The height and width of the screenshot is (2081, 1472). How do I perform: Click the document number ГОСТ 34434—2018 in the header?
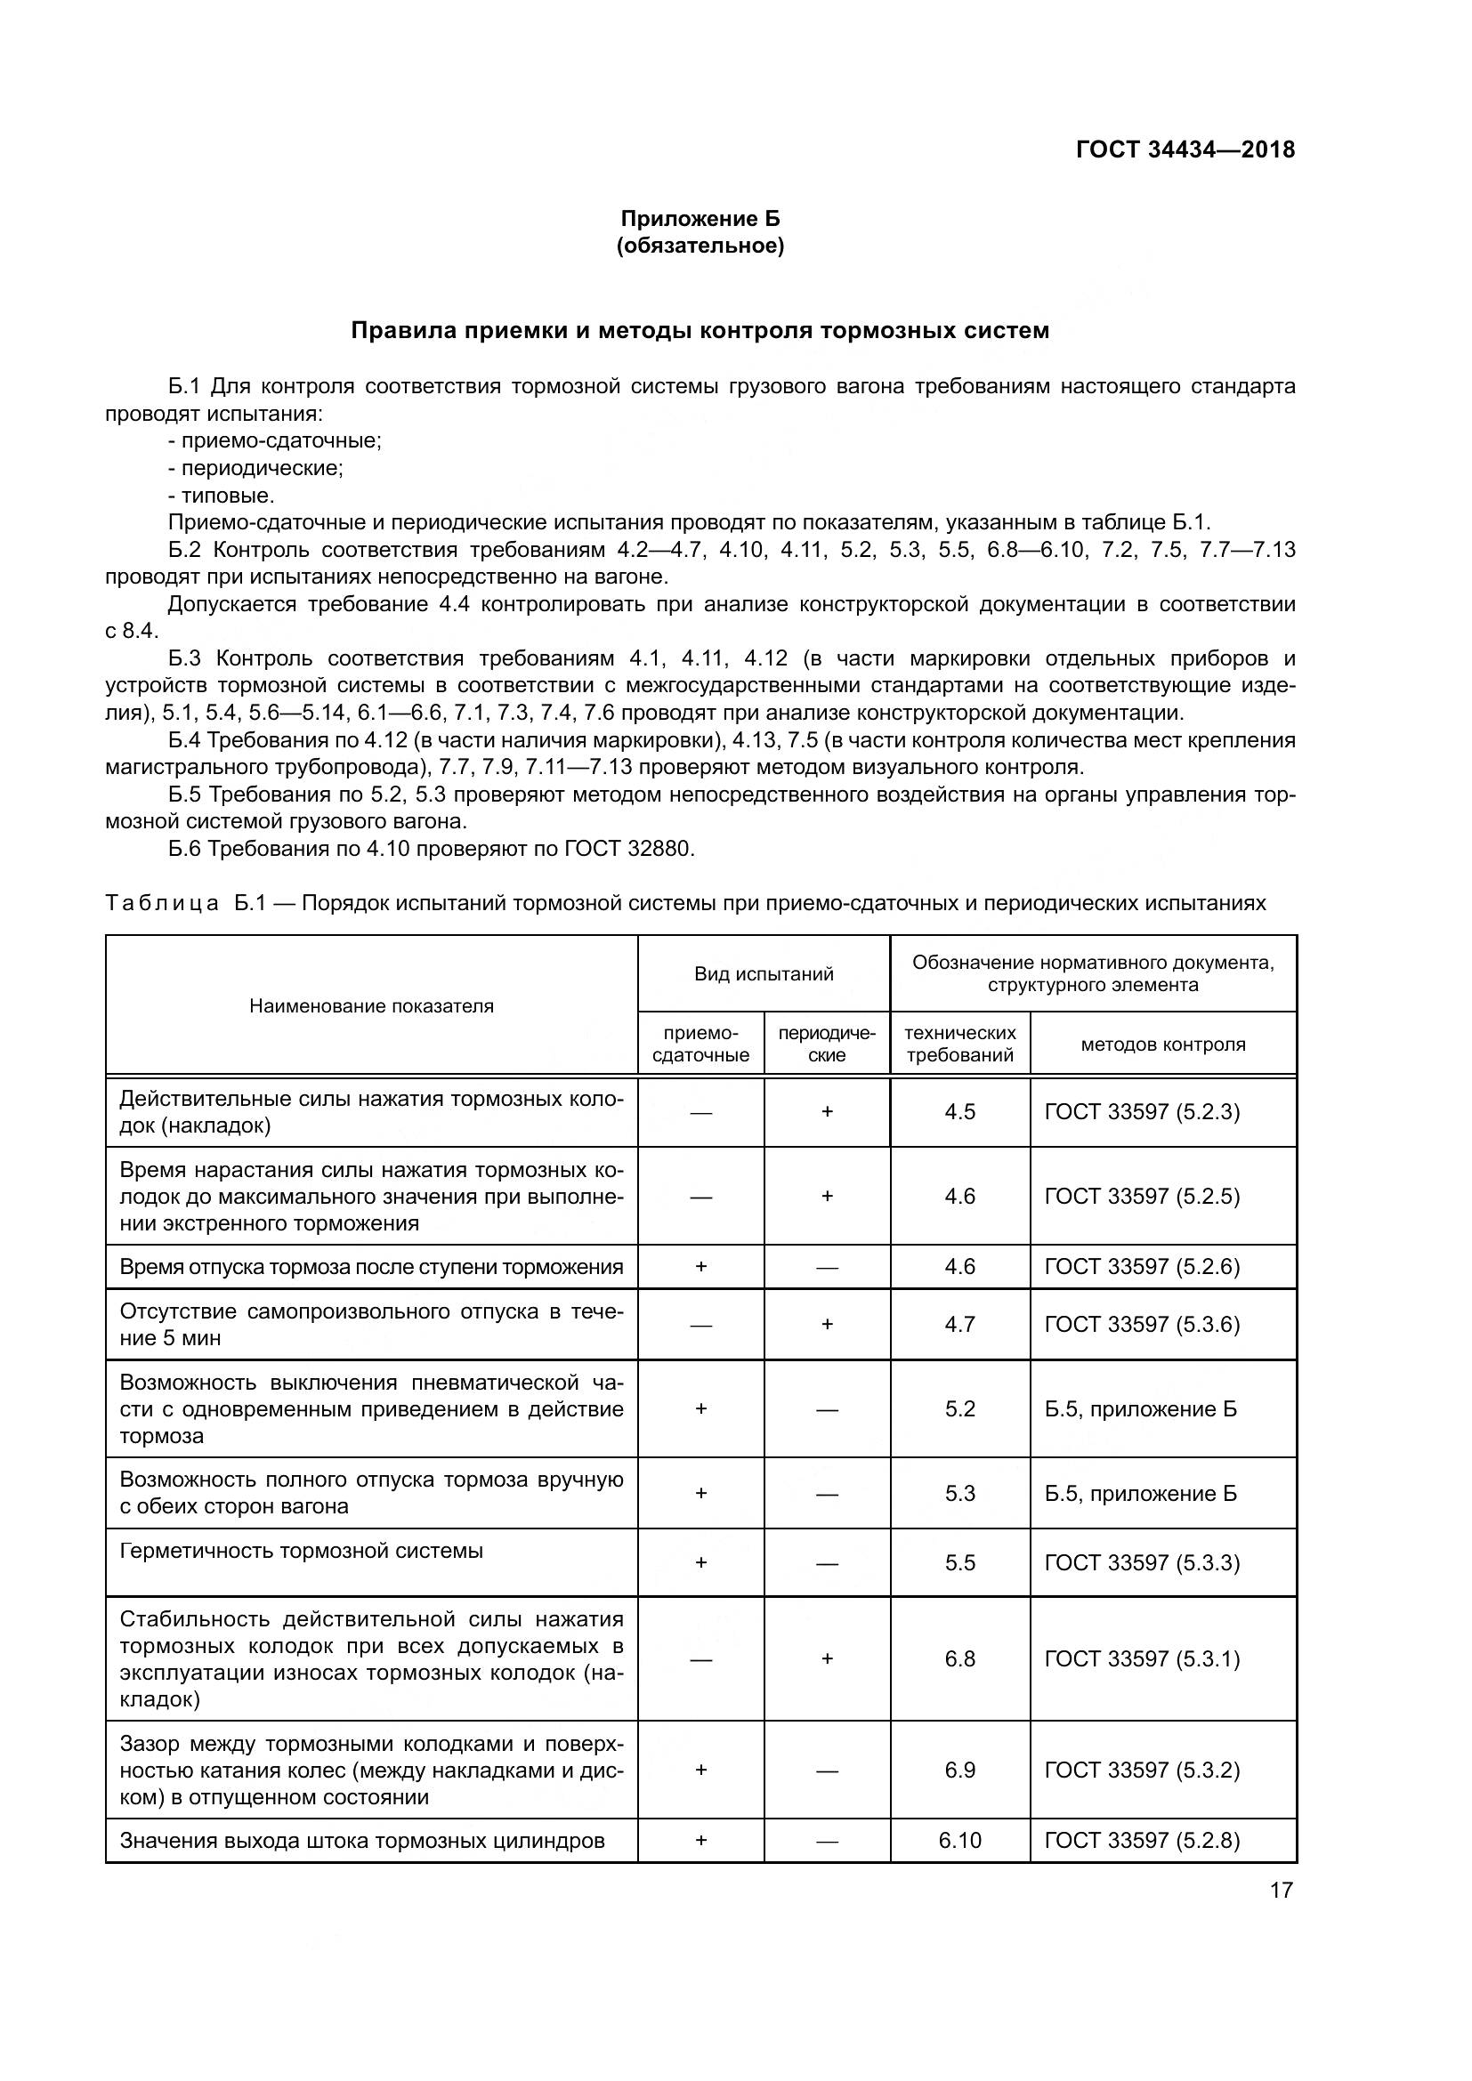click(1185, 149)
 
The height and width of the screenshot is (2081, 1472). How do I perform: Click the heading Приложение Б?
click(700, 219)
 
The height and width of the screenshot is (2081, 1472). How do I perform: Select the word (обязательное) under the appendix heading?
click(700, 246)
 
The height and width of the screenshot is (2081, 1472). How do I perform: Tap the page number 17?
click(1281, 1890)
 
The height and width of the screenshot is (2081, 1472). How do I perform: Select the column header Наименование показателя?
click(372, 1005)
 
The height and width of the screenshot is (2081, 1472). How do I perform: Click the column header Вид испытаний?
click(764, 973)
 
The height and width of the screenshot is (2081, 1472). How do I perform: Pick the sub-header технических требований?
click(960, 1045)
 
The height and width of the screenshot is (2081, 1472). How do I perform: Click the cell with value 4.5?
click(960, 1111)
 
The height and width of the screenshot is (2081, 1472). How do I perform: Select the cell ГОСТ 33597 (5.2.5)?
click(1142, 1196)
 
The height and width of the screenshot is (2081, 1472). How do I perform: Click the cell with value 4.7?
click(960, 1324)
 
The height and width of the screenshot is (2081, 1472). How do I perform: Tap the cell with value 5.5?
click(960, 1562)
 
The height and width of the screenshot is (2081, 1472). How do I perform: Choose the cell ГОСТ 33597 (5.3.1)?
click(1142, 1658)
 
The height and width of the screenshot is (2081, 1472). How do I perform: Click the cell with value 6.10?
click(960, 1840)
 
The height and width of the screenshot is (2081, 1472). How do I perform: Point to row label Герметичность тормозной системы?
click(301, 1551)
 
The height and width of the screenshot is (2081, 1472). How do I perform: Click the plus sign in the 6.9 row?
click(700, 1770)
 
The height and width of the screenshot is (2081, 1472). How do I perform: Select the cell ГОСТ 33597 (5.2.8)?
click(1142, 1840)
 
